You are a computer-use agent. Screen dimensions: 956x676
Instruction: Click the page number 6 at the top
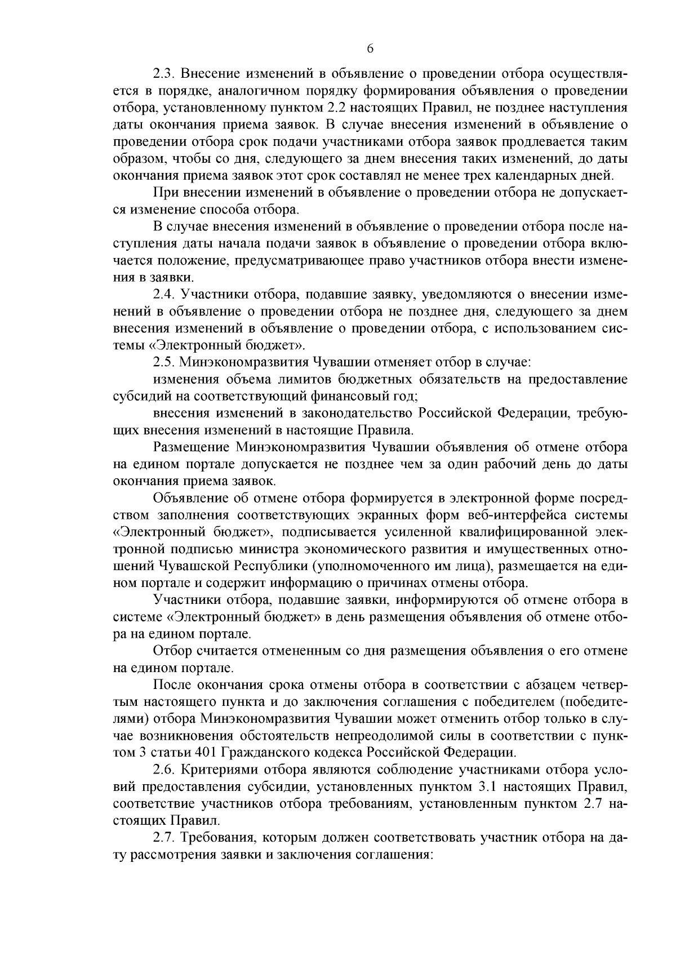click(x=370, y=49)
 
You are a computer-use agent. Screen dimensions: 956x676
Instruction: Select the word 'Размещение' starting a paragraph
click(x=190, y=447)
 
